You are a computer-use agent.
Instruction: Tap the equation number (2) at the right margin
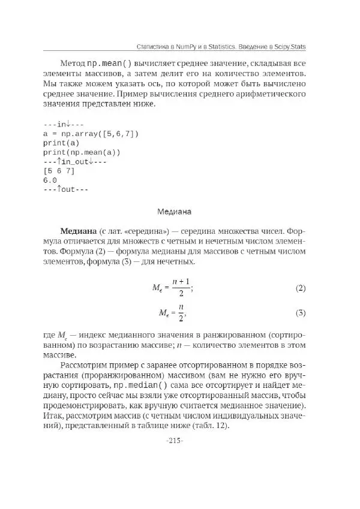[x=301, y=288]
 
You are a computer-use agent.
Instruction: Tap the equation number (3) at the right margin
[x=301, y=313]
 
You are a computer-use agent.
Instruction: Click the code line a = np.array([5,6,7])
[x=91, y=134]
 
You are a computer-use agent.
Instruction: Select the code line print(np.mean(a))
[x=82, y=152]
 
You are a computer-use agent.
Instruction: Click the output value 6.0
[x=50, y=180]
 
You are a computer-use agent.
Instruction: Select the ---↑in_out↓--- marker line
[x=74, y=162]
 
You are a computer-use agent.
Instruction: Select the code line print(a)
[x=61, y=143]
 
